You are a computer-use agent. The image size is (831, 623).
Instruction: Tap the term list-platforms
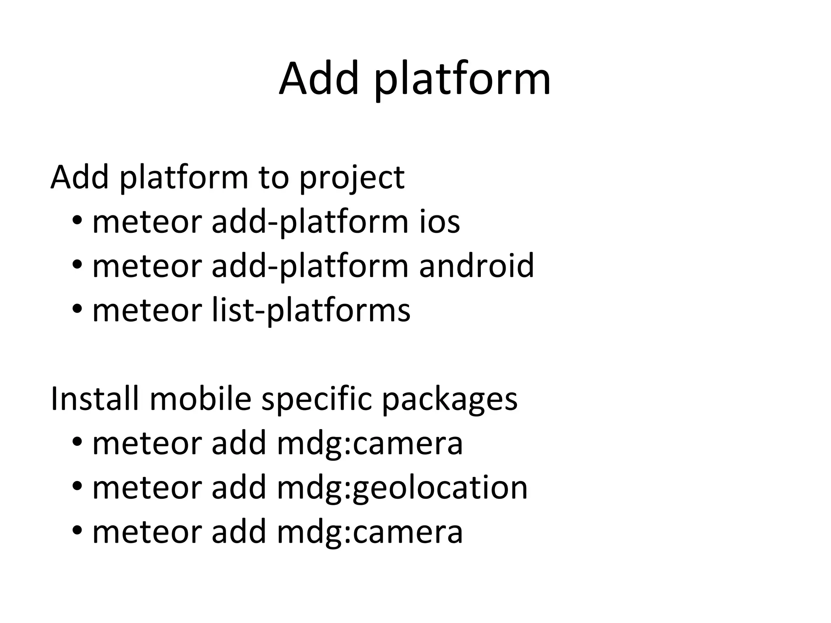[x=311, y=311]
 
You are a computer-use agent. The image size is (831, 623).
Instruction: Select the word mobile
[x=201, y=398]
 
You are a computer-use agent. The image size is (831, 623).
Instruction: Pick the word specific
[x=316, y=399]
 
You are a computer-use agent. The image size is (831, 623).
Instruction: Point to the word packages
[x=450, y=400]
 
